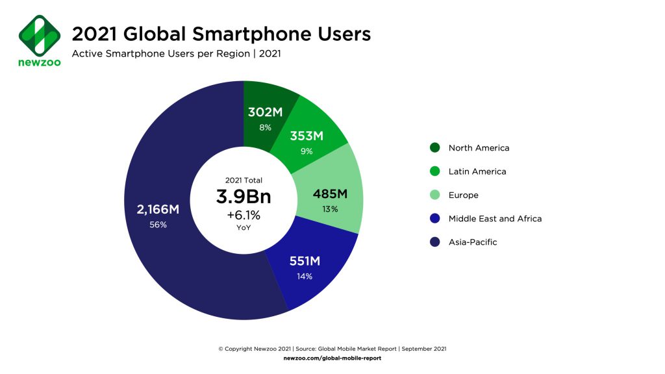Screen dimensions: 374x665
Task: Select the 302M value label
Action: click(265, 112)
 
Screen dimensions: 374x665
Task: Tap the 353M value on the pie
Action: click(307, 137)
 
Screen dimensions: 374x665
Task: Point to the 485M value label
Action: click(330, 193)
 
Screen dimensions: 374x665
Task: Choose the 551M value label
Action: click(305, 262)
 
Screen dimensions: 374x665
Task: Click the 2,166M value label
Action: click(158, 209)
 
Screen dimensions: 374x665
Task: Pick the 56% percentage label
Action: click(158, 225)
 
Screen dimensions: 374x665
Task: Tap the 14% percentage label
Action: click(305, 277)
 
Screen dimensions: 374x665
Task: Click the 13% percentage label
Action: click(329, 208)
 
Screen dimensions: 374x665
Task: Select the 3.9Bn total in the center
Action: click(243, 196)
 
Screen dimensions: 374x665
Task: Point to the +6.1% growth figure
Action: click(243, 214)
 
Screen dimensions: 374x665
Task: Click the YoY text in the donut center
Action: click(243, 228)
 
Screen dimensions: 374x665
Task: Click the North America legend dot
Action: click(434, 148)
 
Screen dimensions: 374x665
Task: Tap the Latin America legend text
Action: click(477, 171)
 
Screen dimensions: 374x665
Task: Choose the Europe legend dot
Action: click(434, 195)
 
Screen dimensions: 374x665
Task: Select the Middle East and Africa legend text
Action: click(495, 218)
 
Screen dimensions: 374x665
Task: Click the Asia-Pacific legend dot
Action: click(434, 242)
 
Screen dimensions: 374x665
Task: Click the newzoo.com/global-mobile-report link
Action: click(332, 358)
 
